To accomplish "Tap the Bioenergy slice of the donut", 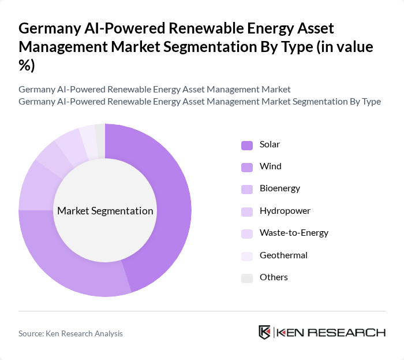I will pyautogui.click(x=35, y=185).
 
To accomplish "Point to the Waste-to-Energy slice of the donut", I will pyautogui.click(x=69, y=142).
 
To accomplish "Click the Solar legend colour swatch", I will pyautogui.click(x=247, y=144).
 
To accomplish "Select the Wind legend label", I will pyautogui.click(x=270, y=166).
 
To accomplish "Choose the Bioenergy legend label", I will pyautogui.click(x=279, y=188).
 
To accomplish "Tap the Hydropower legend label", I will pyautogui.click(x=285, y=211).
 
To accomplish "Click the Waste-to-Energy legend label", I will pyautogui.click(x=294, y=233).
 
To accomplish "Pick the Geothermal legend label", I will pyautogui.click(x=283, y=255).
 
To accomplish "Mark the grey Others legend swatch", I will pyautogui.click(x=247, y=277).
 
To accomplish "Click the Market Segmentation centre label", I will pyautogui.click(x=105, y=211).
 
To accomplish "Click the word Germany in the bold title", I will pyautogui.click(x=50, y=28).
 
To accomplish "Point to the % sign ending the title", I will pyautogui.click(x=27, y=65).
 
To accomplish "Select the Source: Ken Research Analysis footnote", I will pyautogui.click(x=70, y=333).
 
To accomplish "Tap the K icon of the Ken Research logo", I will pyautogui.click(x=265, y=332).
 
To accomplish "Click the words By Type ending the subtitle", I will pyautogui.click(x=365, y=102).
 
